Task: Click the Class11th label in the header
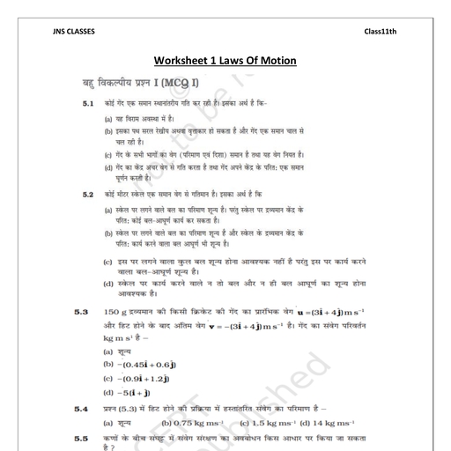pos(381,33)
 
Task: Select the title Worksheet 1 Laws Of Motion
pos(225,61)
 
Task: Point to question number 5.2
pos(88,193)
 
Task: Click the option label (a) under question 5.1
pos(108,118)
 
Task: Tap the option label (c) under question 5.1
pos(108,153)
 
